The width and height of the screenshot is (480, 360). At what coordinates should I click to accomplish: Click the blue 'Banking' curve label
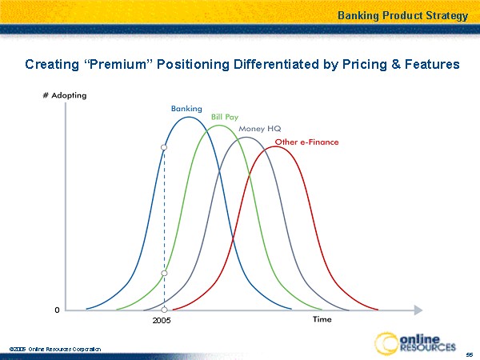point(186,108)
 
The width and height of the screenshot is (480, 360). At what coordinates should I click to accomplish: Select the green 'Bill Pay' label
point(225,118)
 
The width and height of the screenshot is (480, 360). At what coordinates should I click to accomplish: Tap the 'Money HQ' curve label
point(259,129)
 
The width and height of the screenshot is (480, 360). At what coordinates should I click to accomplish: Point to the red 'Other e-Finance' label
point(306,142)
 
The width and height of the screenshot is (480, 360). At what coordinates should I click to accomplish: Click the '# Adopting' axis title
point(64,95)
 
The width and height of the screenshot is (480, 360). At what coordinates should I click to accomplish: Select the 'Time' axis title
point(322,320)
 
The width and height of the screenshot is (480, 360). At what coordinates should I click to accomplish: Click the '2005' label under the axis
point(162,321)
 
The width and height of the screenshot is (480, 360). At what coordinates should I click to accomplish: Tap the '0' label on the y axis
point(56,309)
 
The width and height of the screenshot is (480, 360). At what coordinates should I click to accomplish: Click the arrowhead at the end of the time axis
point(418,309)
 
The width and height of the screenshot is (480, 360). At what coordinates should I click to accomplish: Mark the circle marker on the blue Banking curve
point(164,147)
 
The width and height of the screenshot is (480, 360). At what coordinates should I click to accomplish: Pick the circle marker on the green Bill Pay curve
point(164,274)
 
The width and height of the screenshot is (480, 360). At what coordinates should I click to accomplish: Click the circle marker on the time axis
point(164,309)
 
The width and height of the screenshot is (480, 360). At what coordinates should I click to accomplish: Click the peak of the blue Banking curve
point(188,118)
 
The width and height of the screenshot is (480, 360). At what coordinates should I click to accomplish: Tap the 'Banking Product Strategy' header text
point(402,15)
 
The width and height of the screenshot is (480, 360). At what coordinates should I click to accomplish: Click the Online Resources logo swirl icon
point(389,342)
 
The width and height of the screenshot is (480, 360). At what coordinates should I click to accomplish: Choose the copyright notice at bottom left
point(55,350)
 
